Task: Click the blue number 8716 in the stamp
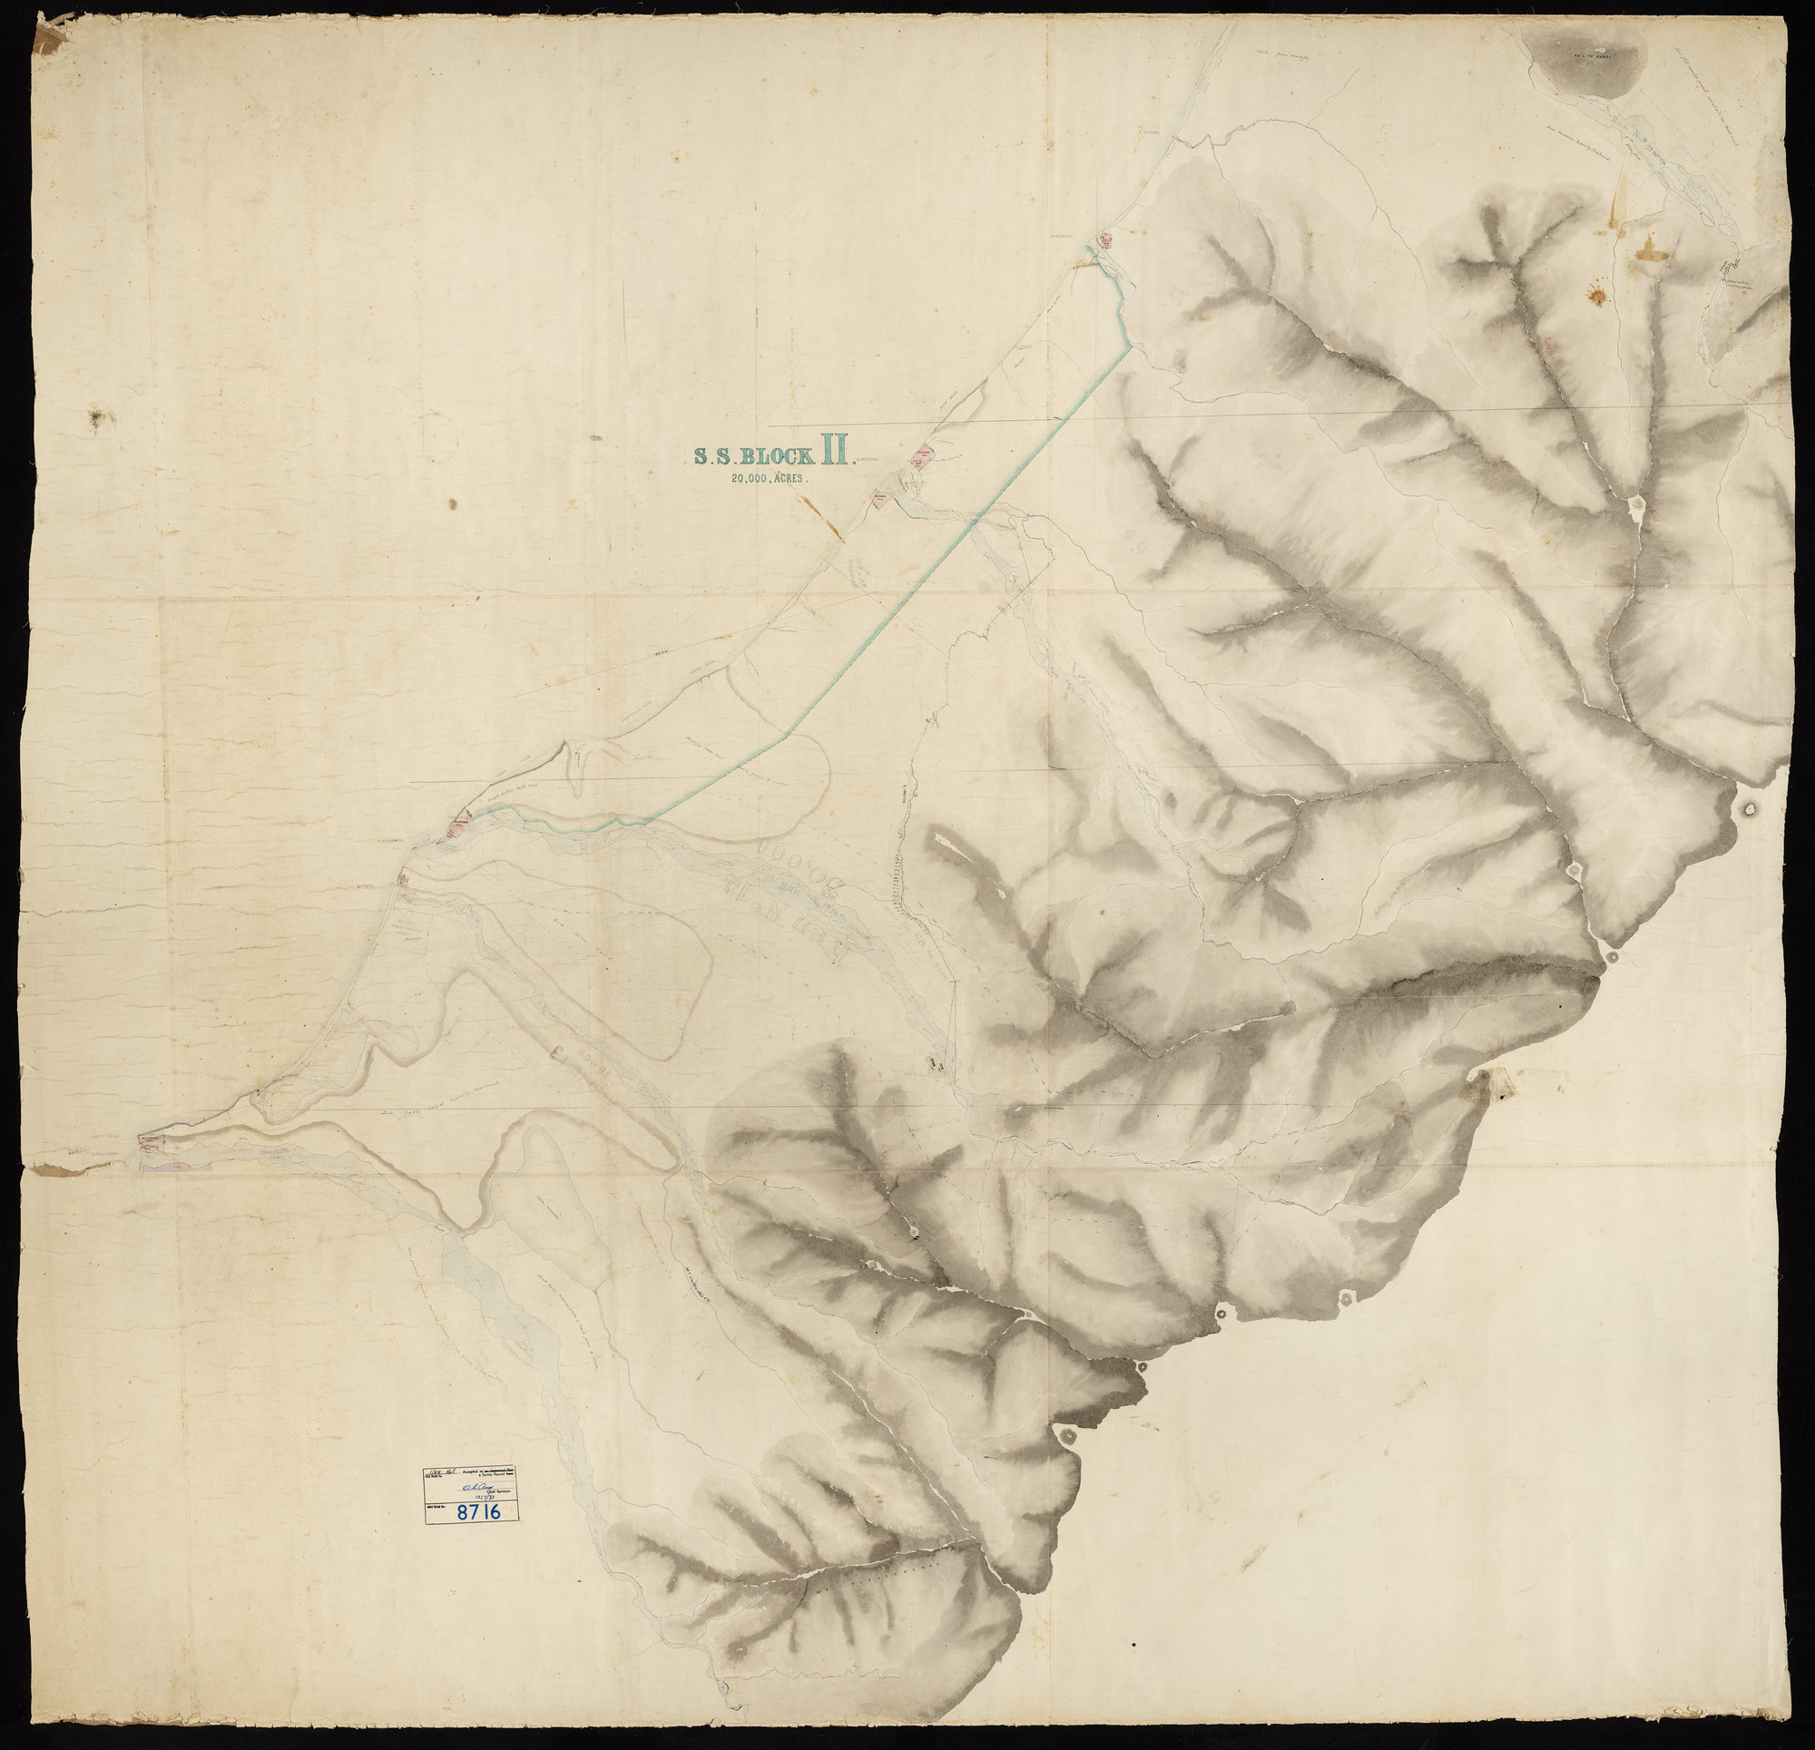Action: tap(486, 1512)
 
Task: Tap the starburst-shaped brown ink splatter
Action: tap(1595, 297)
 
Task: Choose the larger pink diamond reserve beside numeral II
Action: tap(923, 455)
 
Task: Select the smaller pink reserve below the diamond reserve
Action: tap(881, 499)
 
